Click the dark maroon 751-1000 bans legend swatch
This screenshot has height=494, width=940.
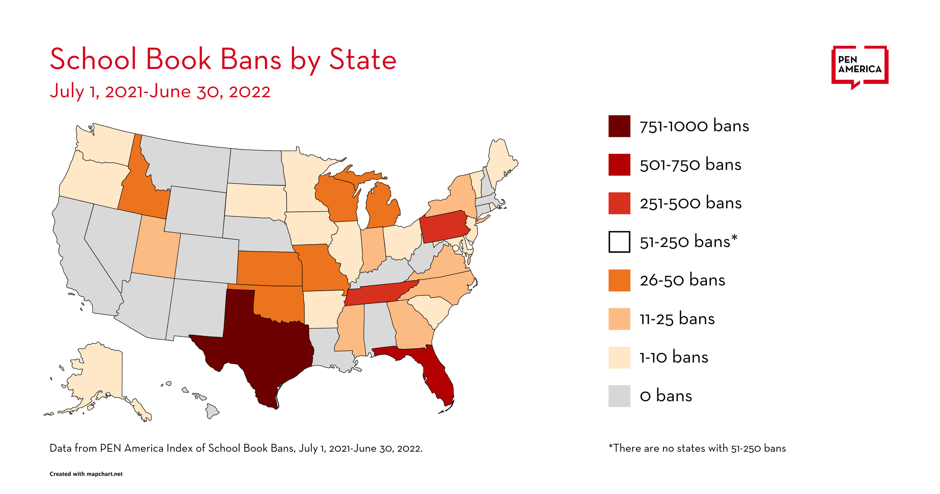click(x=619, y=126)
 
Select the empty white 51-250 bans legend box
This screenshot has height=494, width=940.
click(x=619, y=242)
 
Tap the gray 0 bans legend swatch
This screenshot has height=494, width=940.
click(x=619, y=396)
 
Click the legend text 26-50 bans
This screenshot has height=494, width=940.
click(x=682, y=280)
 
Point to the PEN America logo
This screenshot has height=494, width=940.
click(x=859, y=66)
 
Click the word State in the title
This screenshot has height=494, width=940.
click(x=363, y=60)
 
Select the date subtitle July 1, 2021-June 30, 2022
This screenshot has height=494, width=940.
click(x=160, y=91)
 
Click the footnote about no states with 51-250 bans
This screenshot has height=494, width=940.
click(x=697, y=448)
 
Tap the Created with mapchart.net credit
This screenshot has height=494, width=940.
click(x=86, y=474)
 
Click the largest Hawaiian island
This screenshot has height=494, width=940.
click(x=212, y=411)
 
